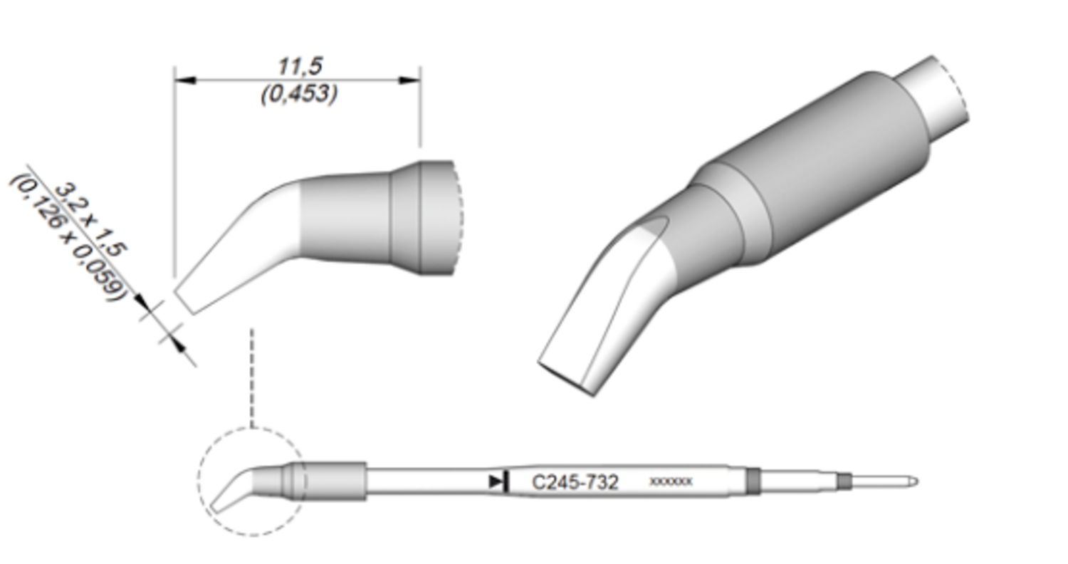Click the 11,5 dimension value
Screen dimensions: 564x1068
pyautogui.click(x=300, y=66)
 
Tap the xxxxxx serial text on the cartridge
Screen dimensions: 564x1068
pyautogui.click(x=671, y=482)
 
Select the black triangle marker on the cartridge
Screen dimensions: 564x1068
pyautogui.click(x=496, y=482)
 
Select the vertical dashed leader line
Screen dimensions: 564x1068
pyautogui.click(x=252, y=377)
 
